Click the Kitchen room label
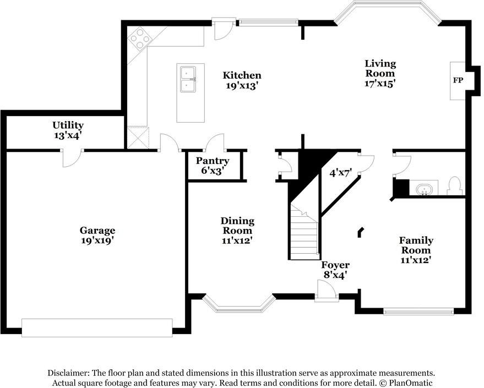[x=242, y=75]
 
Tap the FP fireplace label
[x=458, y=80]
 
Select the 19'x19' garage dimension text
[x=97, y=241]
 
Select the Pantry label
[x=213, y=161]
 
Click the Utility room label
[x=68, y=125]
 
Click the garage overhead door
[x=97, y=327]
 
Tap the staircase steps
[x=304, y=237]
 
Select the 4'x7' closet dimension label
[x=340, y=172]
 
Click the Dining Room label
[x=237, y=226]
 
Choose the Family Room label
[x=416, y=245]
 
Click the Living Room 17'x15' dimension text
[x=380, y=84]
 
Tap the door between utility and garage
[x=71, y=158]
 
